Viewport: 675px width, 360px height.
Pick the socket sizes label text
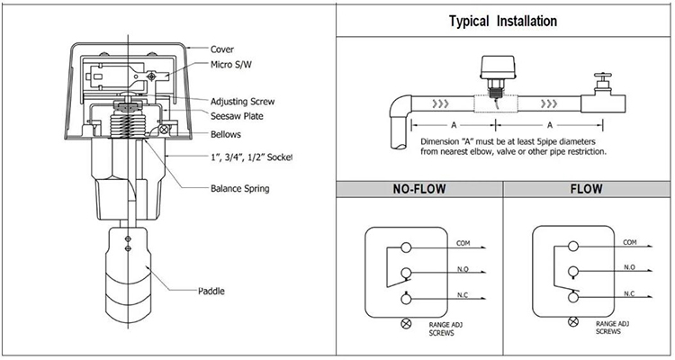[x=251, y=157]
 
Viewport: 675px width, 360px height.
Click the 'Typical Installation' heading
[x=502, y=20]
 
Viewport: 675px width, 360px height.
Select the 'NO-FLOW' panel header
[x=418, y=191]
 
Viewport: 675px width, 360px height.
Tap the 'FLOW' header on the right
[x=587, y=191]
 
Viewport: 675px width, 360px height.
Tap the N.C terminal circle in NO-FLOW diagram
[x=407, y=298]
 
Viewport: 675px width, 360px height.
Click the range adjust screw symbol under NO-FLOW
[x=406, y=322]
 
